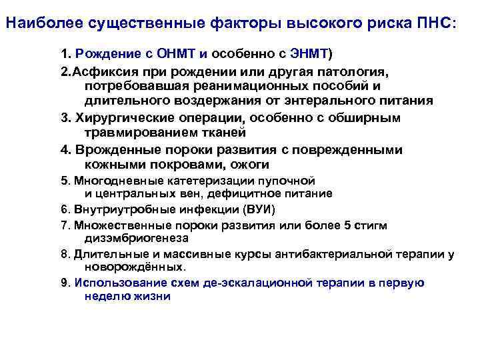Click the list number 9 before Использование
pyautogui.click(x=64, y=283)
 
